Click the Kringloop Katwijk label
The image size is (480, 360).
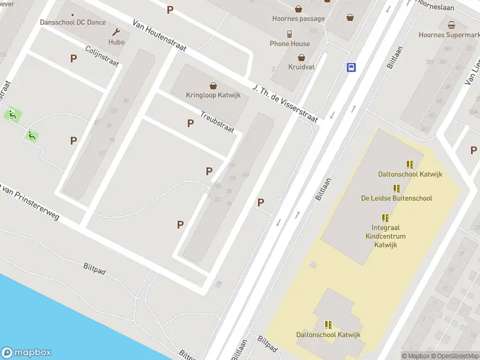tap(213, 95)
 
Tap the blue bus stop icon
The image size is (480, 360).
tap(351, 67)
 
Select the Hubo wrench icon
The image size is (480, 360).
tap(116, 32)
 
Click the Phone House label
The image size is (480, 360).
tap(290, 44)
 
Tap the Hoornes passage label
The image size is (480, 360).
tap(298, 19)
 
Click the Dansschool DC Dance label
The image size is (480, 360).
tap(73, 23)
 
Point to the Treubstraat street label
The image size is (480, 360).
tap(217, 122)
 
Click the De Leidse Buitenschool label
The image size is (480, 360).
tap(396, 198)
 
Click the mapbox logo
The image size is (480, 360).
tap(26, 353)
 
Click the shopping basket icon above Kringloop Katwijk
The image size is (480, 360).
tap(213, 85)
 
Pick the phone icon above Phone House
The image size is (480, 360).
tap(290, 34)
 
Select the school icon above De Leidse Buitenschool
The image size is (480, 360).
tap(396, 188)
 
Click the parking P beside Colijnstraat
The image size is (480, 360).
tap(74, 59)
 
